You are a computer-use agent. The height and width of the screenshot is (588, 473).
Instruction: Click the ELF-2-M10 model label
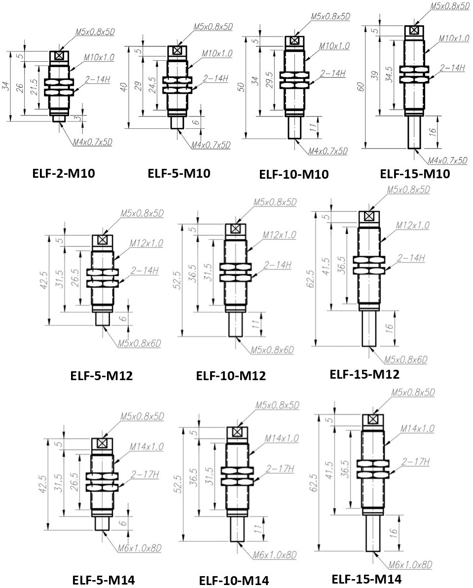click(63, 173)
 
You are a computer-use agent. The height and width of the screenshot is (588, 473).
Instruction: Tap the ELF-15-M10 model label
click(415, 174)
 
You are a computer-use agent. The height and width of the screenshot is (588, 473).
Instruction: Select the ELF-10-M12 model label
click(231, 375)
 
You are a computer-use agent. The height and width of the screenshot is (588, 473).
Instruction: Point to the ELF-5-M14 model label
click(103, 580)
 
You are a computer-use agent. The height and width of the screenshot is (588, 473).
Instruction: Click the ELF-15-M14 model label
click(366, 579)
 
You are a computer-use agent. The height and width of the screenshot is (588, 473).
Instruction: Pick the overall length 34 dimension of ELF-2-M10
click(5, 87)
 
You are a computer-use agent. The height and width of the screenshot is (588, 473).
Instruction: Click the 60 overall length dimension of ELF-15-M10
click(362, 87)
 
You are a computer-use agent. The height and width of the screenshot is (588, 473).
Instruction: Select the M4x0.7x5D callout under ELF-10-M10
click(328, 151)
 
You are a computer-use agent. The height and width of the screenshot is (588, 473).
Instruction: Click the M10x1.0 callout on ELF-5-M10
click(217, 54)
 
